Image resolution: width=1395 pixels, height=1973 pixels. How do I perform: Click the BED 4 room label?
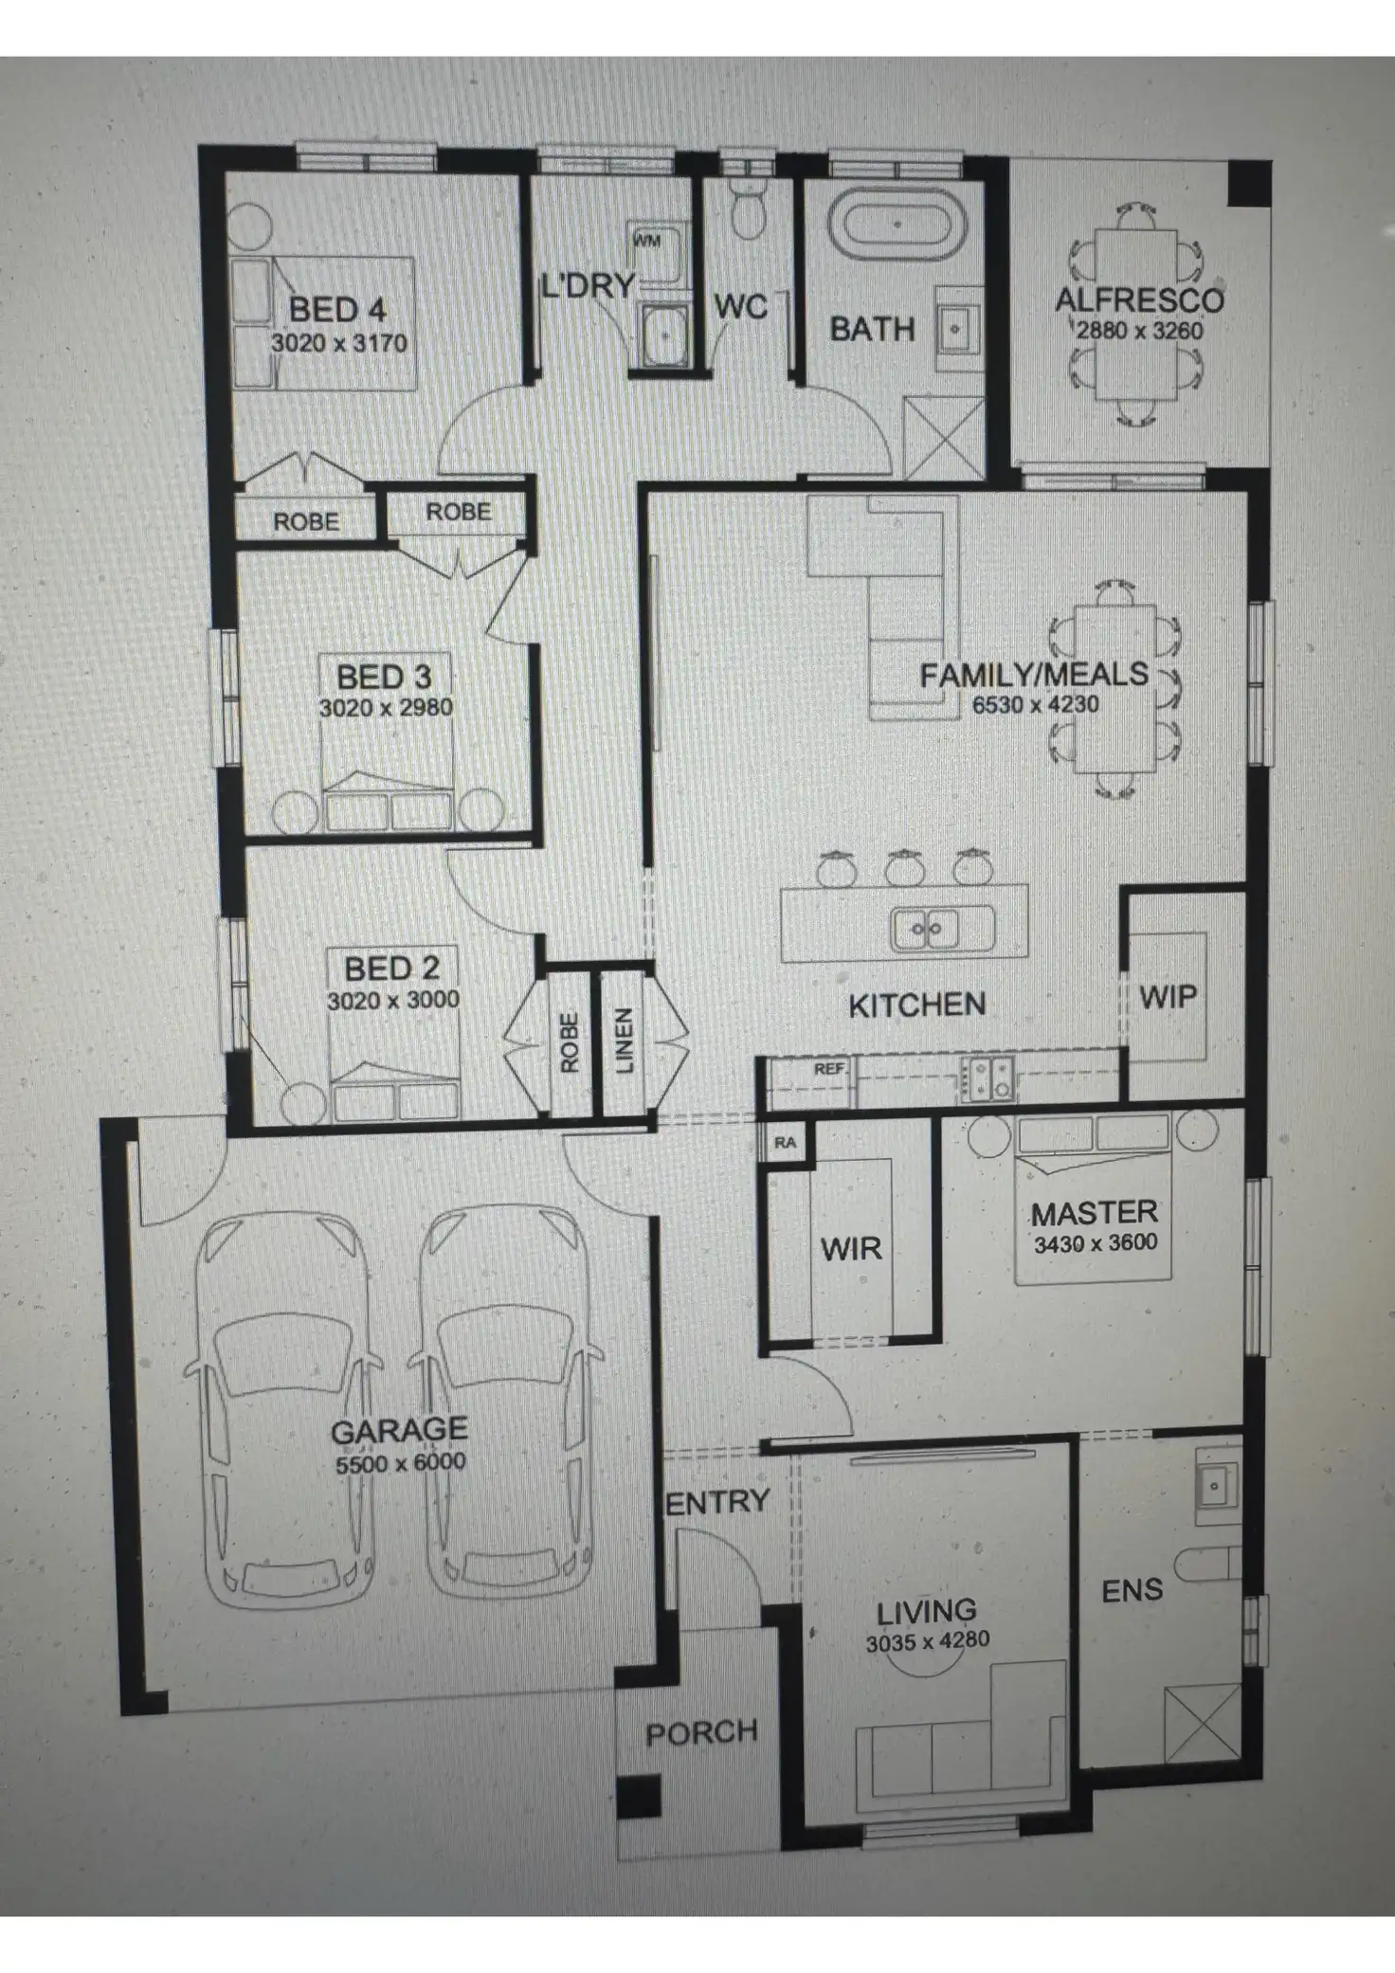tap(337, 309)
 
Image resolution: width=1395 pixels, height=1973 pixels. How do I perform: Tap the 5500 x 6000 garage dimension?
tap(400, 1462)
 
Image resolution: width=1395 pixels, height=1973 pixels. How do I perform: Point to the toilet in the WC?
tap(749, 210)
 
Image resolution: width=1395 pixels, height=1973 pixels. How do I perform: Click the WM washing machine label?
tap(646, 241)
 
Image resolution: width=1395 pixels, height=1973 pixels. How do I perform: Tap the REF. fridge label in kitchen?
tap(830, 1069)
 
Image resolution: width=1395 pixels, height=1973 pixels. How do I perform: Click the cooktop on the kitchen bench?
tap(987, 1079)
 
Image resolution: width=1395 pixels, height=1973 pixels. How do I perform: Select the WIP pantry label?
tap(1168, 996)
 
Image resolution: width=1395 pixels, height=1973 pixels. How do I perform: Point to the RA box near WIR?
tap(786, 1143)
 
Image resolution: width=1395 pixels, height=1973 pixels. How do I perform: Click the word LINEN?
tap(624, 1041)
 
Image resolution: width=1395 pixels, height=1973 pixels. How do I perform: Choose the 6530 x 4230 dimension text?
tap(1035, 704)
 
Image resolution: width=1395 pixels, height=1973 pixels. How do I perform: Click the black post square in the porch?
tap(639, 1796)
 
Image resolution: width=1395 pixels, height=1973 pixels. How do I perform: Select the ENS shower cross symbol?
tap(1202, 1724)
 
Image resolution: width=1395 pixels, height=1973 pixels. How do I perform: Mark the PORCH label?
tap(701, 1732)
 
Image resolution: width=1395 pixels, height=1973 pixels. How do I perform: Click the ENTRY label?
tap(717, 1502)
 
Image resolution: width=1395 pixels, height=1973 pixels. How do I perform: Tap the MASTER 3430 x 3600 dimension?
tap(1096, 1242)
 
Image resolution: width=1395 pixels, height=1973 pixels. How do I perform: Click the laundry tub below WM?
tap(666, 334)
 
